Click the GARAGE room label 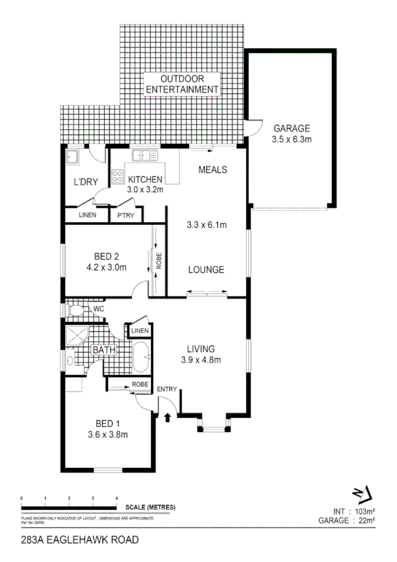[292, 129]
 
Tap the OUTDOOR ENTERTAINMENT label [182, 84]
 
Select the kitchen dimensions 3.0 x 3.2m [145, 190]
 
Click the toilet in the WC [76, 309]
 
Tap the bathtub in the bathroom [141, 359]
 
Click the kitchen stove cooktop [118, 177]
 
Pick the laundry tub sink [71, 157]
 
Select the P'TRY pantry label [125, 215]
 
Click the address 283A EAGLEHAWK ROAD [80, 540]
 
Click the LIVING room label [200, 349]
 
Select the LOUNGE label [205, 270]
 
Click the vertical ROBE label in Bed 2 [159, 262]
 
